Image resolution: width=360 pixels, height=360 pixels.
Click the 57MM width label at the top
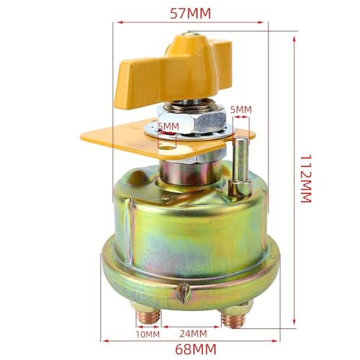(x=190, y=14)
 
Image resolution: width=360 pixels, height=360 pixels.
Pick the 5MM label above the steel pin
(x=240, y=109)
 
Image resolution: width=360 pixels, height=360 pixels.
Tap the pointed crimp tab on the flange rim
(x=183, y=291)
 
